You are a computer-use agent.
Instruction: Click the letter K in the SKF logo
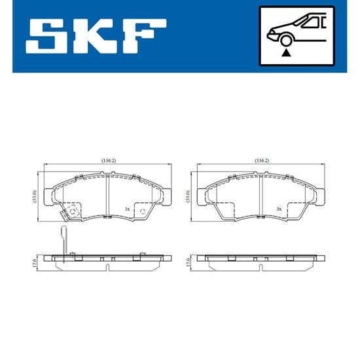tap(94, 36)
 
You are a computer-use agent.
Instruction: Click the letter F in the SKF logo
tap(143, 36)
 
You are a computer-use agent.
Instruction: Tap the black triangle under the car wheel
tap(286, 53)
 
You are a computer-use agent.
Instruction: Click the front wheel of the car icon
tap(285, 41)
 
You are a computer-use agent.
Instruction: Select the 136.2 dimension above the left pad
tap(109, 161)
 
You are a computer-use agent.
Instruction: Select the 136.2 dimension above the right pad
tap(262, 161)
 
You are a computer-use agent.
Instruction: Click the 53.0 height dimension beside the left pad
tap(35, 196)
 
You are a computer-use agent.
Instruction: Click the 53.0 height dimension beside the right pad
tap(188, 196)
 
